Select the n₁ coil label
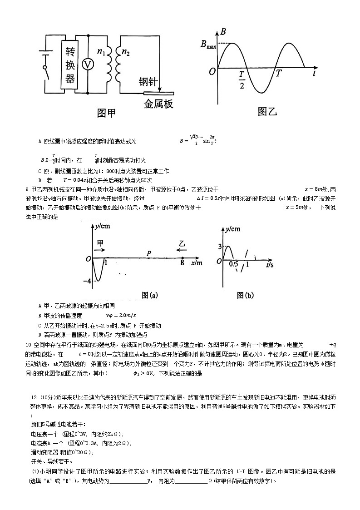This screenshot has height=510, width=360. (101, 52)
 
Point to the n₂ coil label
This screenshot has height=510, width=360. (126, 52)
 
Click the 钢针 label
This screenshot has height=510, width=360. (148, 82)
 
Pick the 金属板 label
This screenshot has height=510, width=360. (158, 104)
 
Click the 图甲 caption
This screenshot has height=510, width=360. (106, 113)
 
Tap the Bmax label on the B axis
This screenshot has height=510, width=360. (208, 45)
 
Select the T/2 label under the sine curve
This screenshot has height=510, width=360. (242, 79)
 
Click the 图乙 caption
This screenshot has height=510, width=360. (267, 111)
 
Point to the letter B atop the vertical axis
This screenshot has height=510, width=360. (223, 32)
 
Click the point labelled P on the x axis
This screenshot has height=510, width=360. (149, 253)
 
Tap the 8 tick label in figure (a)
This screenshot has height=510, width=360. (182, 263)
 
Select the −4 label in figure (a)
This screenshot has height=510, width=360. (88, 282)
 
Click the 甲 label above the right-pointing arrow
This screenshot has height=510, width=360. (100, 243)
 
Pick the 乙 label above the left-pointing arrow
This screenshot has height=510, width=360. (182, 243)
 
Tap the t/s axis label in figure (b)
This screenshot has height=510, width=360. (270, 264)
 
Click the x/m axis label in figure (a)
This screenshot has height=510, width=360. (197, 263)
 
